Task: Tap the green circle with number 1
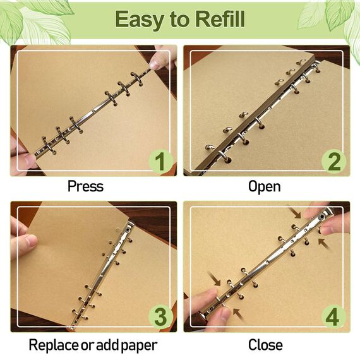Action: click(x=160, y=161)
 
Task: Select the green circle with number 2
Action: click(x=333, y=161)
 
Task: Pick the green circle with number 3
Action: click(x=160, y=317)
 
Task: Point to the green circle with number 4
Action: click(x=333, y=317)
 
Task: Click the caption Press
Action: click(x=85, y=186)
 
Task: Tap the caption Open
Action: click(x=264, y=187)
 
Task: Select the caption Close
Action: click(x=265, y=345)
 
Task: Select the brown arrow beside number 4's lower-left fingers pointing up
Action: click(x=238, y=314)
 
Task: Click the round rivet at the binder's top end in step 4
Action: click(x=322, y=217)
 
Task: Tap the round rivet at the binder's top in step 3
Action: click(x=127, y=229)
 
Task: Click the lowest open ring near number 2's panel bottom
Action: click(x=224, y=155)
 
